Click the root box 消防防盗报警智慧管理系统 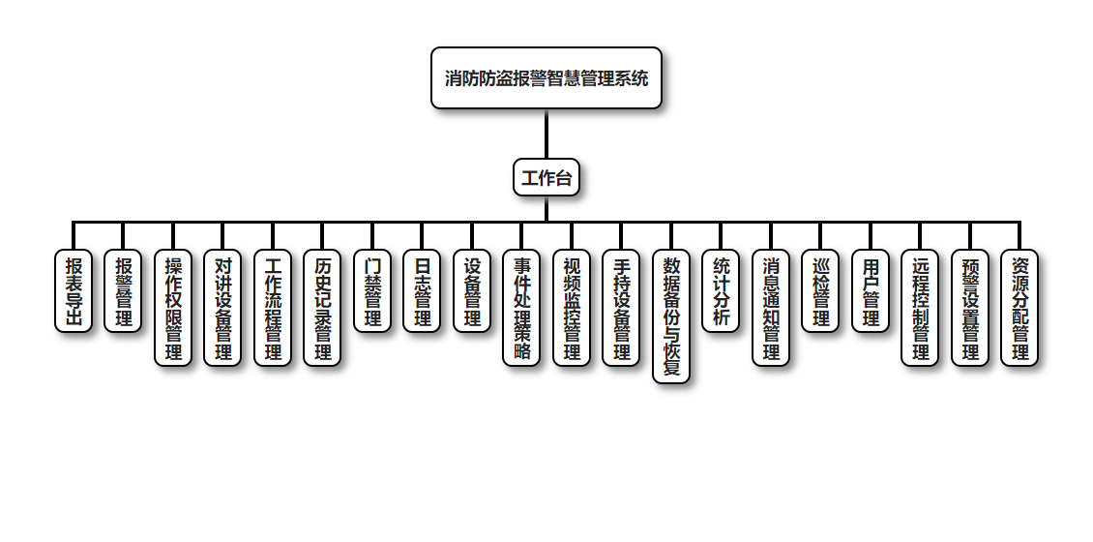click(546, 78)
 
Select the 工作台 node click(546, 177)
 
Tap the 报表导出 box click(74, 291)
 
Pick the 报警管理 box click(123, 291)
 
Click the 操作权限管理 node click(173, 308)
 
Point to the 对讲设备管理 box click(222, 308)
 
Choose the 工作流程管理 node click(273, 308)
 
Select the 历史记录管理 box click(322, 308)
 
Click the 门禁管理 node click(372, 291)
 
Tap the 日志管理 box click(422, 291)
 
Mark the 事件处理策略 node click(521, 308)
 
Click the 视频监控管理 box click(572, 308)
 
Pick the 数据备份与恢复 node click(671, 316)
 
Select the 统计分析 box click(721, 291)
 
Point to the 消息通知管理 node click(771, 308)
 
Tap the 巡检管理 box click(820, 291)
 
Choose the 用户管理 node click(871, 291)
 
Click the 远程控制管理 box click(920, 308)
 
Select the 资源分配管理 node click(1019, 308)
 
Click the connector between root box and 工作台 click(546, 134)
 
